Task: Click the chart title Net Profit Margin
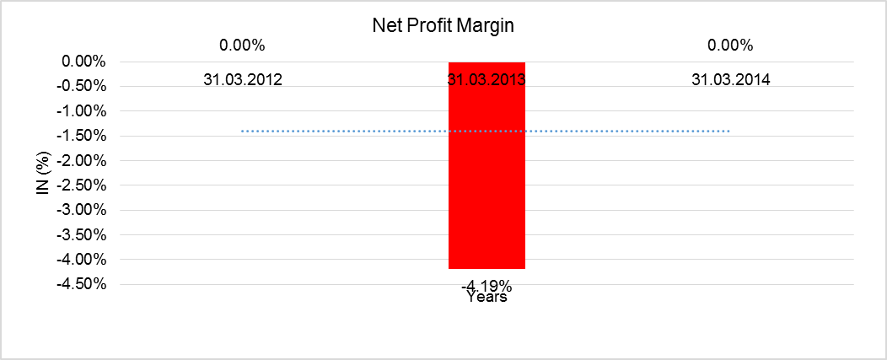(443, 25)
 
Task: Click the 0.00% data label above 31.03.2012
(242, 45)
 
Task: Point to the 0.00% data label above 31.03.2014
(730, 45)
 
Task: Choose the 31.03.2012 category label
(242, 80)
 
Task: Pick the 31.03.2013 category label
(487, 81)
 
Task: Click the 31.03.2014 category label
(730, 80)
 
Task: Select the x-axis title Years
(487, 297)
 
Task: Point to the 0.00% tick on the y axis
(83, 62)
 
